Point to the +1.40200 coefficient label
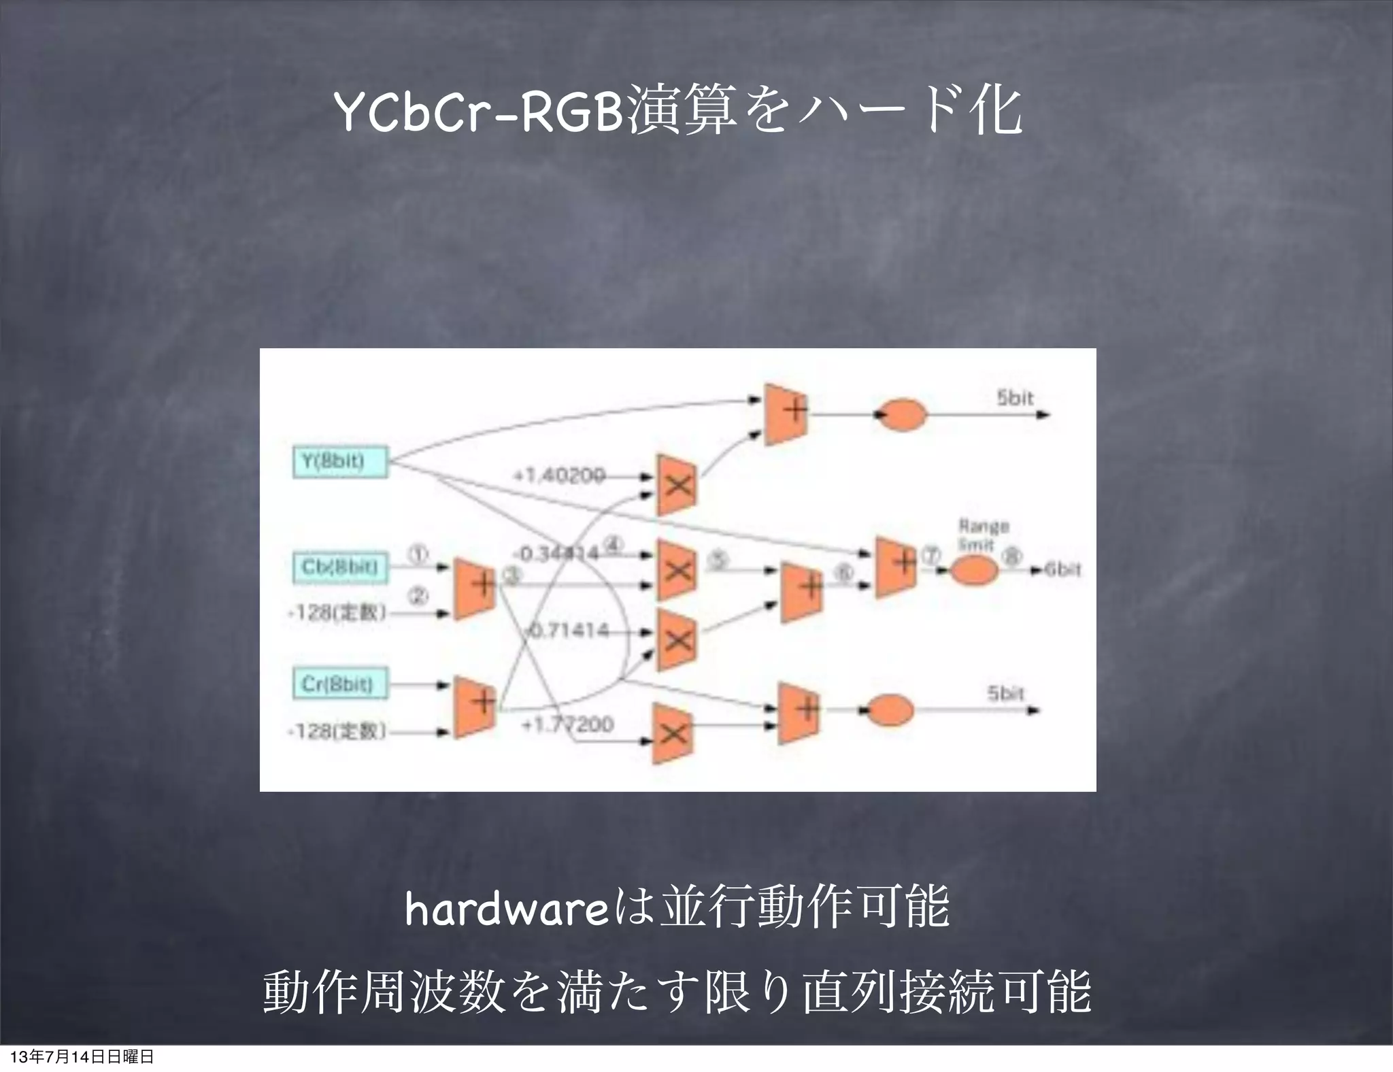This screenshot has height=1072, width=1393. [x=558, y=476]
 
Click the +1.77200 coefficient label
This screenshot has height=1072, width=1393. [x=567, y=724]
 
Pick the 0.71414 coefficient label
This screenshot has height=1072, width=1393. [x=568, y=631]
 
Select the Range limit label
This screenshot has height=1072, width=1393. [x=984, y=535]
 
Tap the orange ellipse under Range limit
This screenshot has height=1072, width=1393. [x=973, y=571]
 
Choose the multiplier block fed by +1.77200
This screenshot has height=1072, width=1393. [x=673, y=733]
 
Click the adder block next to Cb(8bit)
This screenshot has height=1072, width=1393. [x=475, y=588]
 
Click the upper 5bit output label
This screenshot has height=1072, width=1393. [x=1015, y=399]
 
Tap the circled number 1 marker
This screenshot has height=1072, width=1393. [x=418, y=556]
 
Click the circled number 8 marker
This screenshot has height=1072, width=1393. [x=1013, y=556]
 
